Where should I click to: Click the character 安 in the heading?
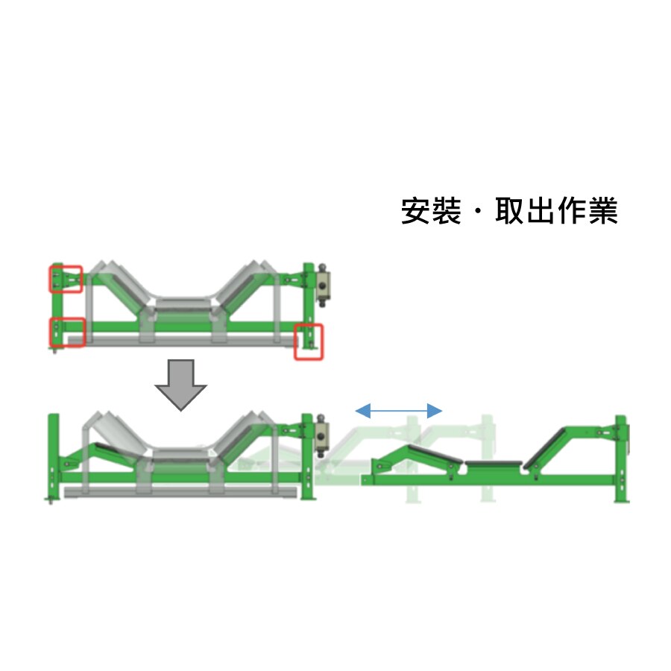pos(416,210)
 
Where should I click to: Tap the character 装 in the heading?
pos(447,210)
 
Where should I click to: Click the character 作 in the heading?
pos(572,210)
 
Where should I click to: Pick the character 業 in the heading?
pos(603,210)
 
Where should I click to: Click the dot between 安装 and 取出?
pos(479,211)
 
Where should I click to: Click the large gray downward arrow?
pos(180,385)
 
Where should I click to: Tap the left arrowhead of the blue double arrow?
pos(363,411)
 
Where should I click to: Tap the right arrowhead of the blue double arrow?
pos(435,411)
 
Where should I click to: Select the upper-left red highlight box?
pos(66,279)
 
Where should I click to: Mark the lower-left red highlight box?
pos(67,332)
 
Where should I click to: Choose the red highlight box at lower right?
pos(308,342)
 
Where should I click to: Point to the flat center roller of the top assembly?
pos(182,303)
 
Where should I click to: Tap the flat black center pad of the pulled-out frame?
pos(493,464)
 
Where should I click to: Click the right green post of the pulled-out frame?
pos(621,459)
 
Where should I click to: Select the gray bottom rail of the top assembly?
pos(183,340)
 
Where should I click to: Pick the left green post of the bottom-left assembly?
pos(53,456)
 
